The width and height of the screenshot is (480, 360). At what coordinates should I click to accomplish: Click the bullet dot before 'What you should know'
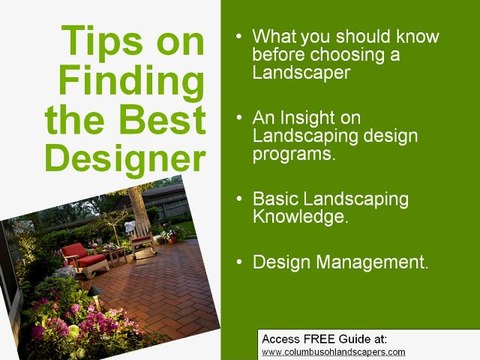237,38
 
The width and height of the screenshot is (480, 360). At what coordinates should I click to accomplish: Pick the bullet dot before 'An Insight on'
237,118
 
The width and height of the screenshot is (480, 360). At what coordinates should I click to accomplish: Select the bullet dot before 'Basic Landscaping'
237,198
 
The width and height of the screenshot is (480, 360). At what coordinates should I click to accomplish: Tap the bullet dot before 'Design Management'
237,262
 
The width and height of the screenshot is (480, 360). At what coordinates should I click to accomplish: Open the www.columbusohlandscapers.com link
333,352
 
